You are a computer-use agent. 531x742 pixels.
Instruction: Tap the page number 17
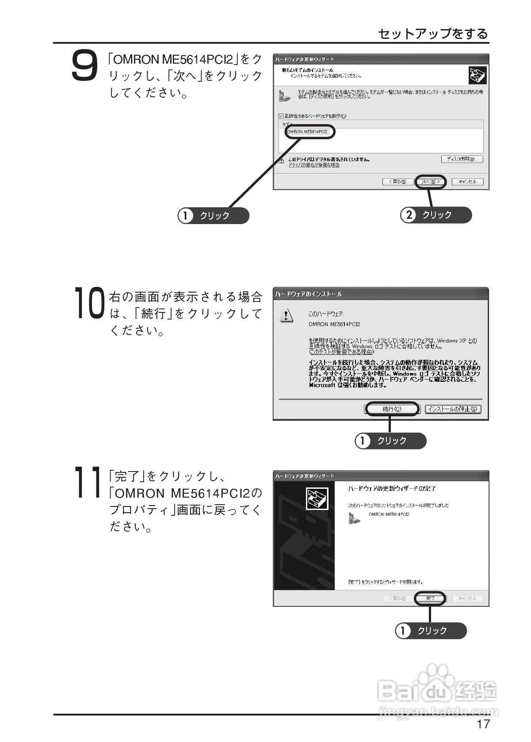(483, 724)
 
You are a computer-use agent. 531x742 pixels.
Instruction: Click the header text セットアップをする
(433, 34)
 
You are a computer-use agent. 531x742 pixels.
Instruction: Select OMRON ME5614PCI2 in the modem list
(308, 132)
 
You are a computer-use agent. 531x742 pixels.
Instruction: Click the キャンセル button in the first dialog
(467, 182)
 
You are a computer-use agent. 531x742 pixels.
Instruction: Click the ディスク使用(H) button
(462, 159)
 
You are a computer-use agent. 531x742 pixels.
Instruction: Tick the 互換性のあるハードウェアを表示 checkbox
(281, 116)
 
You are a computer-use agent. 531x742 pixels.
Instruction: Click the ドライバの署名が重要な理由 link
(314, 165)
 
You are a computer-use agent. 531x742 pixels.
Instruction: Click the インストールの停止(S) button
(453, 409)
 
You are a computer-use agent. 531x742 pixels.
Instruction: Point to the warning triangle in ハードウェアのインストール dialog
(287, 316)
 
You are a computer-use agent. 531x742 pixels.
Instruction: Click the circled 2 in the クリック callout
(409, 215)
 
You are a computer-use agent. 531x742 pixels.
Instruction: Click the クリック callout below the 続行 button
(390, 441)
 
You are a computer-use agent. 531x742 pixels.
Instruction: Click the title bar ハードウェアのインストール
(309, 294)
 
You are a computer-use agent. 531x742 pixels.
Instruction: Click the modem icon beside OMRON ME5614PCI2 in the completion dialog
(354, 518)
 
